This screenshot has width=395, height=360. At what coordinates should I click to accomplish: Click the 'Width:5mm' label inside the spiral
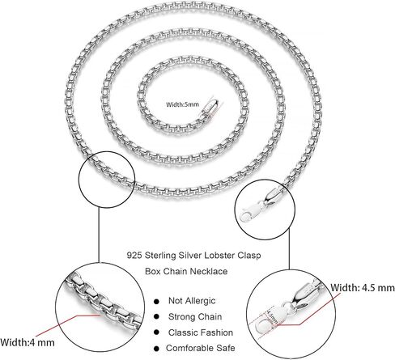(x=182, y=104)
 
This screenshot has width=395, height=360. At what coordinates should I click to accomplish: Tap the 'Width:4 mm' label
(x=28, y=342)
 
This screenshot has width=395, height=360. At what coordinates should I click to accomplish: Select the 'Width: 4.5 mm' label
(x=363, y=288)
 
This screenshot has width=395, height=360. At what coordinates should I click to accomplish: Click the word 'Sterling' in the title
(x=160, y=256)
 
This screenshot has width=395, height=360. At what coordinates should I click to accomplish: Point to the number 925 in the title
(x=134, y=255)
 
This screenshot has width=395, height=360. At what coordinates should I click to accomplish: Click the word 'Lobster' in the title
(x=219, y=255)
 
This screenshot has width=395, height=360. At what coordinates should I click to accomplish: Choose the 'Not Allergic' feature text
(x=192, y=301)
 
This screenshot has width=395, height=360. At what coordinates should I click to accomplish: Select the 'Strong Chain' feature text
(x=195, y=316)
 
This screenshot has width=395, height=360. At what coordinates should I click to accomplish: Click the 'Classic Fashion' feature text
(x=201, y=332)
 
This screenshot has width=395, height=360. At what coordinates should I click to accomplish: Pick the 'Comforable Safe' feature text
(x=200, y=348)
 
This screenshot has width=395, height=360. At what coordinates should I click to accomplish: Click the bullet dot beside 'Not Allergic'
(x=156, y=302)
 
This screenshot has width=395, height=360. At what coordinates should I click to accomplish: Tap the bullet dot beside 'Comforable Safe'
(x=156, y=349)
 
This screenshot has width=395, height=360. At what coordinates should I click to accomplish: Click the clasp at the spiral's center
(x=212, y=108)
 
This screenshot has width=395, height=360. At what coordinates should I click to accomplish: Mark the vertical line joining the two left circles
(x=99, y=235)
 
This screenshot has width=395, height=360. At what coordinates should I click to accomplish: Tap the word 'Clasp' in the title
(x=249, y=256)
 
